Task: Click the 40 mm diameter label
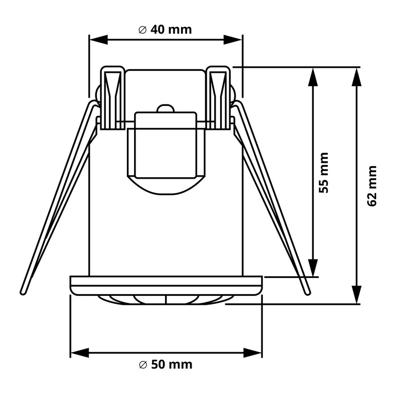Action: [165, 30]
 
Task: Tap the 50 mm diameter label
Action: [166, 364]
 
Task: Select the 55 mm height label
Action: [323, 173]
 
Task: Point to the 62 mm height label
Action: [372, 186]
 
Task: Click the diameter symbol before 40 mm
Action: [143, 30]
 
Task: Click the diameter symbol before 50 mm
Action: [143, 364]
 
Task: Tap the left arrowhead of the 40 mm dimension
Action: [99, 40]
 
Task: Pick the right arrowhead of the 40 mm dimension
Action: [232, 40]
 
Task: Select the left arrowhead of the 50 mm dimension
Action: [80, 353]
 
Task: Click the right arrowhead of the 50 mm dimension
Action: [252, 353]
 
